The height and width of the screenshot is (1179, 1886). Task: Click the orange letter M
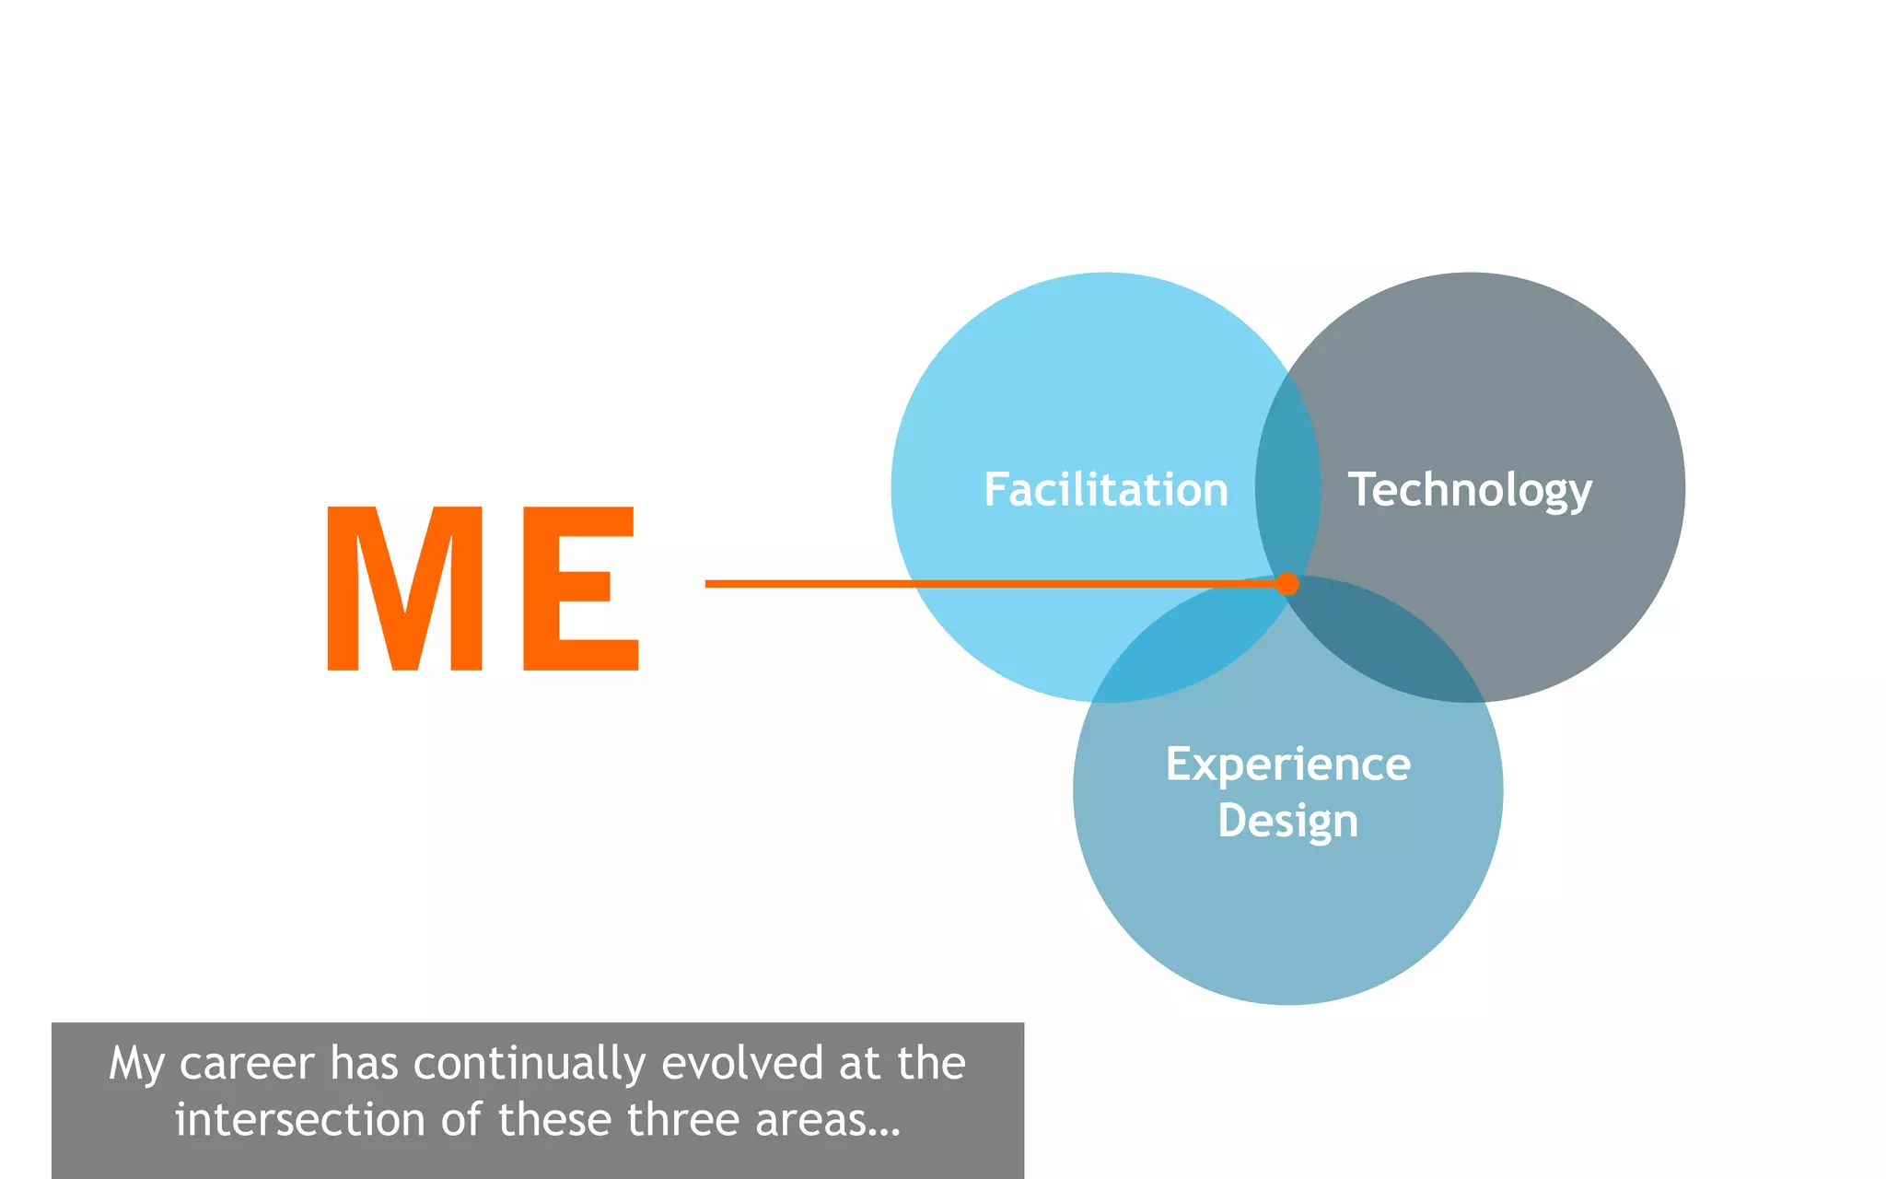click(404, 589)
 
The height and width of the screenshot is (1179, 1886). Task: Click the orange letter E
click(579, 589)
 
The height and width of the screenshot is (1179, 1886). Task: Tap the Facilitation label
click(1105, 489)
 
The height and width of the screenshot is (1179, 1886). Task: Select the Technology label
click(1470, 490)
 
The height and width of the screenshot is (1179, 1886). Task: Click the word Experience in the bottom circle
click(1287, 765)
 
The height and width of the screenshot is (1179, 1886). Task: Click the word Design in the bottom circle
click(1287, 821)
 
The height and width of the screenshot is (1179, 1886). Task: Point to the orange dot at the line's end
click(1287, 583)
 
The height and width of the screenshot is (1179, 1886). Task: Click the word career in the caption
click(246, 1064)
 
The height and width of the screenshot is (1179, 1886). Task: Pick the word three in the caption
click(683, 1120)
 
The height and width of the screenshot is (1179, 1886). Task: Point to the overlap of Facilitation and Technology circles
click(1287, 479)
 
